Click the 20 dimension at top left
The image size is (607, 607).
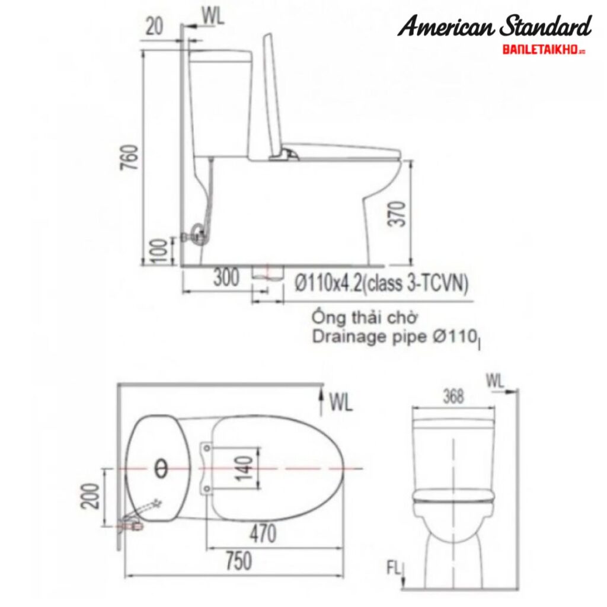point(155,27)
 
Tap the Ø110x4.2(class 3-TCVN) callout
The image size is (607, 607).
point(381,285)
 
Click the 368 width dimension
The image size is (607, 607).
point(453,397)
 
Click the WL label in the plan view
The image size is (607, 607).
point(341,403)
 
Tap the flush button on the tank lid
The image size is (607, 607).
point(161,469)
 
